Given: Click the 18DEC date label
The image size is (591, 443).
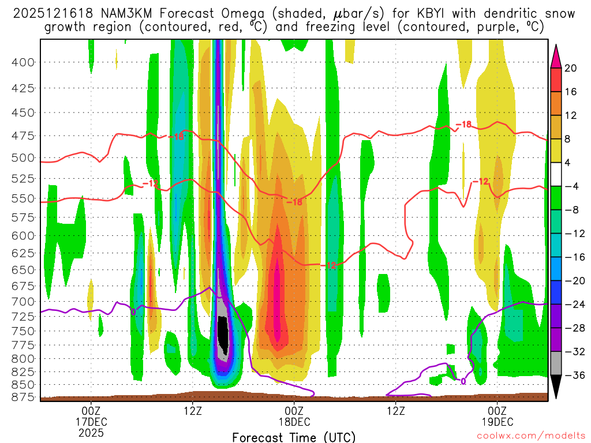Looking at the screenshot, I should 294,422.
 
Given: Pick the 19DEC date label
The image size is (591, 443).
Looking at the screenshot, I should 498,422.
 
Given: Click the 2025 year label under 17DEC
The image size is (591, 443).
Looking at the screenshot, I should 91,432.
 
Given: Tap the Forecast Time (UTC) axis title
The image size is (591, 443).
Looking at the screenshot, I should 294,437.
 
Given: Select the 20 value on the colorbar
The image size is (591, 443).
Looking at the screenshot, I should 571,68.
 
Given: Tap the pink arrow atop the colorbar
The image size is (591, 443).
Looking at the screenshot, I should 556,55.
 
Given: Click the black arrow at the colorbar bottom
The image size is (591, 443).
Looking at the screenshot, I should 556,387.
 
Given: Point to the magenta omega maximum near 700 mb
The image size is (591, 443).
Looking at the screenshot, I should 277,300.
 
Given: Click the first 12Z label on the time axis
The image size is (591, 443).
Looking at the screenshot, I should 193,411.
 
